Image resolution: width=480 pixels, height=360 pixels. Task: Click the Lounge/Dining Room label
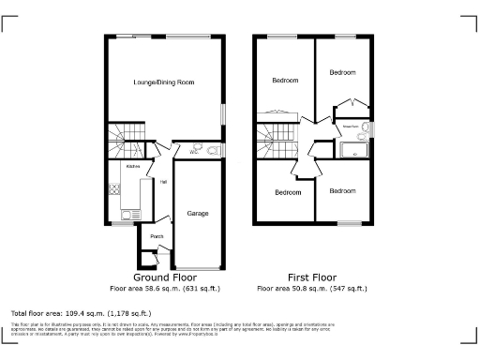click(163, 83)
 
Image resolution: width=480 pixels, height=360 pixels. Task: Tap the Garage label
click(197, 214)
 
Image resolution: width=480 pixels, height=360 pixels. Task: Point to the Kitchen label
click(120, 167)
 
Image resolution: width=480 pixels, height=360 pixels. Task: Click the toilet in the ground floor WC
click(213, 150)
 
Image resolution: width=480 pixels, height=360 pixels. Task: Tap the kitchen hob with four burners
click(114, 188)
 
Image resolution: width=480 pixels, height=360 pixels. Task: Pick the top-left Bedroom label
click(285, 81)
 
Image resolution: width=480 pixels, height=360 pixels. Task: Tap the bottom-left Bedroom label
click(288, 192)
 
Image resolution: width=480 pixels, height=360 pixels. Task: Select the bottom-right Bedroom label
click(342, 191)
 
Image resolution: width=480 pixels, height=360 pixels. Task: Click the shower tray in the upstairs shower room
click(354, 149)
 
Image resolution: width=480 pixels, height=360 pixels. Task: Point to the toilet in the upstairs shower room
click(367, 129)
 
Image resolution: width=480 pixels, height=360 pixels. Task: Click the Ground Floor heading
click(163, 278)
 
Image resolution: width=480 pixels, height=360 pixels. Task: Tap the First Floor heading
click(311, 278)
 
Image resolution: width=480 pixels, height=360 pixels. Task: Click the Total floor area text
click(80, 312)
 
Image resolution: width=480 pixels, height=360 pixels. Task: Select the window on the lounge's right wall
click(224, 111)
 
